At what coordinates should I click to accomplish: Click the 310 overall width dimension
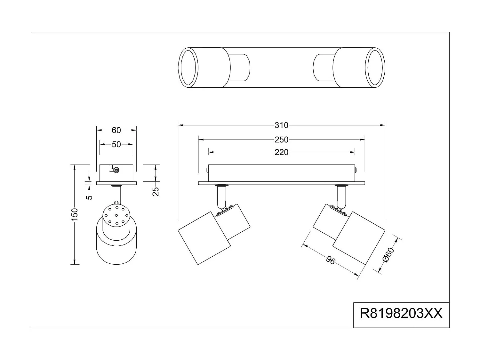[281, 125]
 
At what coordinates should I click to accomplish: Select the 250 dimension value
[281, 140]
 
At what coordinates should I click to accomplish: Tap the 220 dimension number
[281, 152]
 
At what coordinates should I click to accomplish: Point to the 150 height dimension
[74, 214]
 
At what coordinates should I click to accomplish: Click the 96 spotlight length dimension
[331, 260]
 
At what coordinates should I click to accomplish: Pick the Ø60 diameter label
[388, 255]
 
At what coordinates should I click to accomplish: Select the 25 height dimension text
[156, 191]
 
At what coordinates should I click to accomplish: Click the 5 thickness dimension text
[90, 196]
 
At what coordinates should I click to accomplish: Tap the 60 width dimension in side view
[116, 130]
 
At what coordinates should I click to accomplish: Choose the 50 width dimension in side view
[116, 145]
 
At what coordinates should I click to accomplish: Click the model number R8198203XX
[401, 314]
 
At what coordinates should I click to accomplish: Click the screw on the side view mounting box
[116, 170]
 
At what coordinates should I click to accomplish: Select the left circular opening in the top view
[188, 68]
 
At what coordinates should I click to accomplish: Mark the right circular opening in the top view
[376, 68]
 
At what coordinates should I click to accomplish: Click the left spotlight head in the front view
[204, 238]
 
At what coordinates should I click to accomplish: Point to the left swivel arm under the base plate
[221, 196]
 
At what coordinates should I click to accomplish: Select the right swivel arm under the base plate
[341, 196]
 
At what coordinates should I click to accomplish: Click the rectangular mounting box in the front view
[281, 173]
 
